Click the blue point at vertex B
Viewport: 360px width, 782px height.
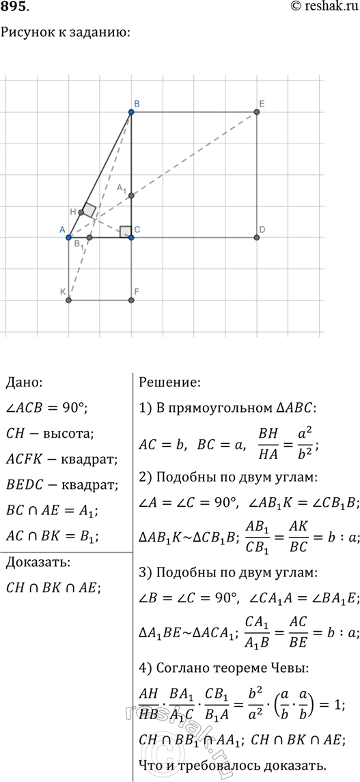(x=131, y=111)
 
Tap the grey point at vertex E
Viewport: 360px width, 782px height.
(x=257, y=111)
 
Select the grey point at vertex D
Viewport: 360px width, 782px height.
(x=257, y=237)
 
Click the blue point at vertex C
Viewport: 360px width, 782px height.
(x=131, y=237)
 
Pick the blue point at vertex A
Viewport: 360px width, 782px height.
(x=68, y=237)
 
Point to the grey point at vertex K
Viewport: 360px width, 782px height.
(x=68, y=300)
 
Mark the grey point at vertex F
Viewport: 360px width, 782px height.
(x=131, y=300)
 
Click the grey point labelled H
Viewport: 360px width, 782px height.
(x=81, y=212)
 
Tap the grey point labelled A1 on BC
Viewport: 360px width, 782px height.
(x=131, y=196)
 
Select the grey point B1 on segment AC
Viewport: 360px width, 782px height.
(x=89, y=237)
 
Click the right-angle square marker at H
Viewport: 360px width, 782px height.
(x=89, y=210)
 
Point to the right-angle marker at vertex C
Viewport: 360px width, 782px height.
(x=125, y=231)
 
